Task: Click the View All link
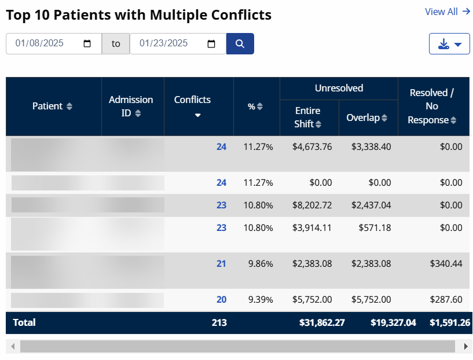[447, 12]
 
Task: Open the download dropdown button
[449, 44]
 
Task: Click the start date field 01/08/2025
[53, 43]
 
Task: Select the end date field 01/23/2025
[177, 43]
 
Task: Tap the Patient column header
[52, 106]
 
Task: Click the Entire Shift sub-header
[308, 117]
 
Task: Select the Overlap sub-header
[367, 117]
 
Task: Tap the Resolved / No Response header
[432, 106]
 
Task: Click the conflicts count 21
[221, 264]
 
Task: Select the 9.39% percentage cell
[260, 300]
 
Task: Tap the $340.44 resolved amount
[446, 264]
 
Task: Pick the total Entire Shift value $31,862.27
[322, 323]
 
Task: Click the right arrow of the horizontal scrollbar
[466, 346]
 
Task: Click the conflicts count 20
[221, 300]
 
